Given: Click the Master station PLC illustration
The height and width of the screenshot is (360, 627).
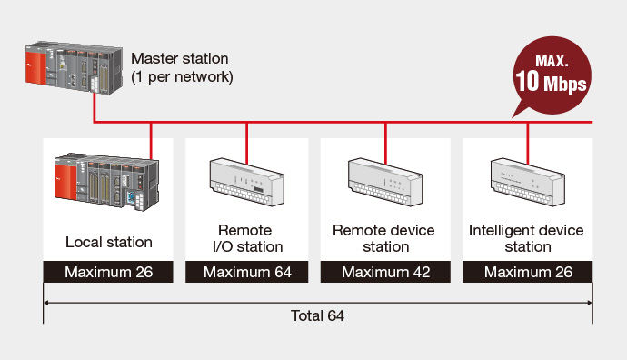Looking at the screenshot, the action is point(74,68).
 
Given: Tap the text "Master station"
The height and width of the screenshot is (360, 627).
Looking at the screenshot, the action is point(180,58).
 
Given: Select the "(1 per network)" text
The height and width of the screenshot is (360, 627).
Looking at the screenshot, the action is point(182,76).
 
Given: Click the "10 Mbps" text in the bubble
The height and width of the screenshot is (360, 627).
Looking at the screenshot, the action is point(551,82).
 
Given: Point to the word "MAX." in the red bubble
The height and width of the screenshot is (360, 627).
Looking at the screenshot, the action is point(552,61).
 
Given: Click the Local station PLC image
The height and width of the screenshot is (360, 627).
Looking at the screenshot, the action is point(106,182).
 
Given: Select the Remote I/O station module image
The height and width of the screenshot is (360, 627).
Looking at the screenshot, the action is point(247,182).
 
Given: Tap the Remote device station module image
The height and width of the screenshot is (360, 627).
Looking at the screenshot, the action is point(385,182).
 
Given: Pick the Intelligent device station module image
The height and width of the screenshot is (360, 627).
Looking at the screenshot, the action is point(528,182).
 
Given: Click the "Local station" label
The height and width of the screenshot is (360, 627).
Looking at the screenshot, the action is point(109,242).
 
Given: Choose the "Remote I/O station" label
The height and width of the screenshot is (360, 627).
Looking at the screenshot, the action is point(247,238).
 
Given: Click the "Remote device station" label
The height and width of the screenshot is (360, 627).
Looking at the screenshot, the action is point(383,238).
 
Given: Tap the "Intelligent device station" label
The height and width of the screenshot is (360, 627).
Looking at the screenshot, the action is point(526,238).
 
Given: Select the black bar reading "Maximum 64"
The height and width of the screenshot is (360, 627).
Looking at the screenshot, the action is point(247,272).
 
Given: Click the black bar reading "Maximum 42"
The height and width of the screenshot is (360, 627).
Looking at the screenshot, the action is point(385,272).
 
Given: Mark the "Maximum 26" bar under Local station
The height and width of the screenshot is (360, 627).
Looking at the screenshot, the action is point(108,272).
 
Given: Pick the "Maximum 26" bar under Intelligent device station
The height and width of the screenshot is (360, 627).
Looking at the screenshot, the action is point(527,272).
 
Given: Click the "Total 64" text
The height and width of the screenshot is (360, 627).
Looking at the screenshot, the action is point(317,315).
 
